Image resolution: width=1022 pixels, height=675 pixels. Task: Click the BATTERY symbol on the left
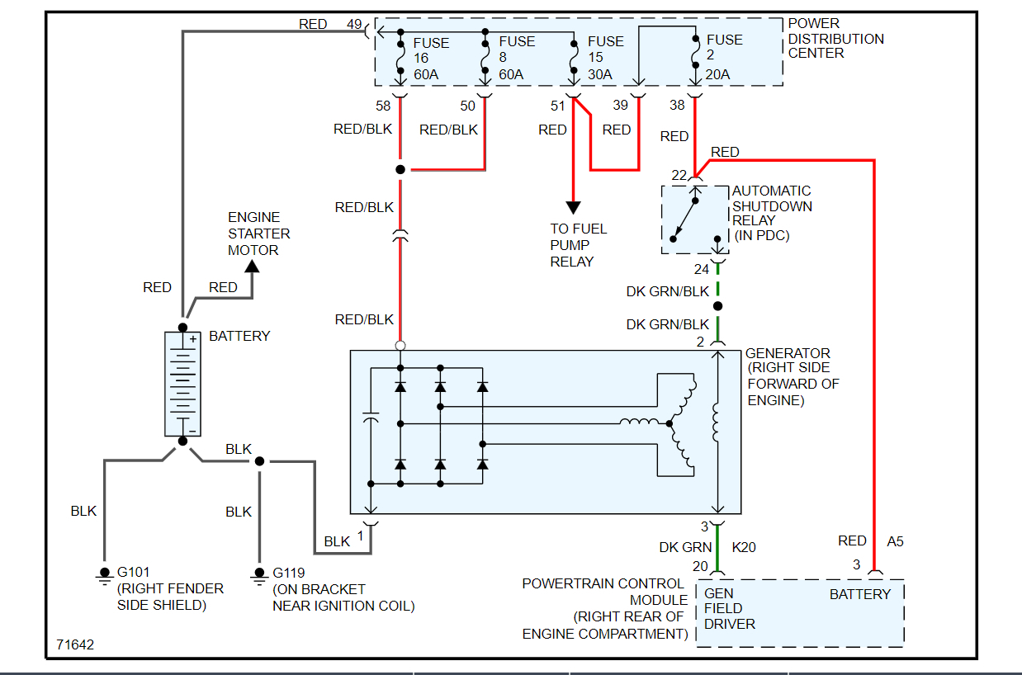tap(182, 383)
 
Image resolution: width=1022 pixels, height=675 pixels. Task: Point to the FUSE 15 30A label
tap(605, 58)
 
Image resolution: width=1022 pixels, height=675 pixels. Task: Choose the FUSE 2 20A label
tap(724, 57)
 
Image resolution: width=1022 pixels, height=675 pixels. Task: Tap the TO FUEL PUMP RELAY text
tap(578, 245)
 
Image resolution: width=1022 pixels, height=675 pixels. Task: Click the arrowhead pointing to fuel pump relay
tap(573, 208)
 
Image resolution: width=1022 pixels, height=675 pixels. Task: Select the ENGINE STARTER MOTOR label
tap(258, 234)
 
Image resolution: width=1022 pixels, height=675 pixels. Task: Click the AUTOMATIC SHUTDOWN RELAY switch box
tap(694, 219)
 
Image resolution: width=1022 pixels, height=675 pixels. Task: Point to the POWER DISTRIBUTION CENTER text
tap(835, 38)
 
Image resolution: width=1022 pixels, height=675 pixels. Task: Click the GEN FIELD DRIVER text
tap(729, 609)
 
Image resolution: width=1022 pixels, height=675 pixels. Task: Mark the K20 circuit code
tap(743, 547)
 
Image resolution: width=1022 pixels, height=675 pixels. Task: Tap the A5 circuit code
tap(895, 541)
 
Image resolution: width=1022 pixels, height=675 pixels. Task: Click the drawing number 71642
tap(75, 644)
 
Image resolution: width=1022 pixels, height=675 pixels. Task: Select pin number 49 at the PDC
tap(354, 25)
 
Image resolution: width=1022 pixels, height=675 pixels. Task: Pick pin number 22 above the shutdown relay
tap(679, 175)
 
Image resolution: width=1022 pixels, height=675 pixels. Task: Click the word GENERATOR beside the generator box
tap(788, 353)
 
